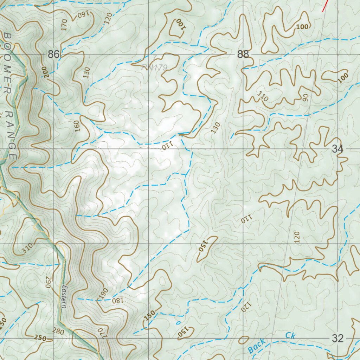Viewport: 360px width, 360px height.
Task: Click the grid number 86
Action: tap(54, 54)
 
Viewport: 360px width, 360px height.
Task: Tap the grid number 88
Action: tap(243, 54)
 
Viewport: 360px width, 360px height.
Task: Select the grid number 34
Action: tap(337, 149)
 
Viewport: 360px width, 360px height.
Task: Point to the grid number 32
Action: tap(337, 339)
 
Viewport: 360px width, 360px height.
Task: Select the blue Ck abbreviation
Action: tap(290, 336)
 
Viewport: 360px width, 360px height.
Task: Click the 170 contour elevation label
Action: tap(64, 25)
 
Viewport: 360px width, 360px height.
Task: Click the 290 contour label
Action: tap(48, 282)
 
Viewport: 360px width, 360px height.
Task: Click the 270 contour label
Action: tap(102, 332)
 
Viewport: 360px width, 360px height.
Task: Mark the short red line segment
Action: tap(326, 6)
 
